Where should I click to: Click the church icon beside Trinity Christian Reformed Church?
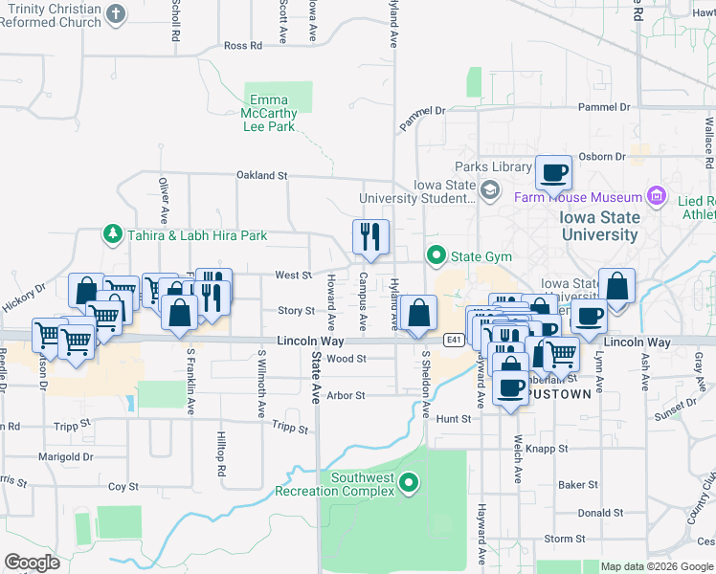pyautogui.click(x=116, y=14)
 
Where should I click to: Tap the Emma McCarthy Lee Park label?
pyautogui.click(x=270, y=113)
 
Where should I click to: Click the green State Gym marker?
pyautogui.click(x=436, y=255)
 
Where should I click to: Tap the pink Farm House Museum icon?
pyautogui.click(x=657, y=197)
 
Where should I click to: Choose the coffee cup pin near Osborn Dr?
pyautogui.click(x=553, y=173)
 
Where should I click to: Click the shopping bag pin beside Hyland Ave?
pyautogui.click(x=418, y=313)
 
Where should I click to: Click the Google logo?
pyautogui.click(x=32, y=563)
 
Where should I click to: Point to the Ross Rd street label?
pyautogui.click(x=242, y=46)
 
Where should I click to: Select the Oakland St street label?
pyautogui.click(x=262, y=176)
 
